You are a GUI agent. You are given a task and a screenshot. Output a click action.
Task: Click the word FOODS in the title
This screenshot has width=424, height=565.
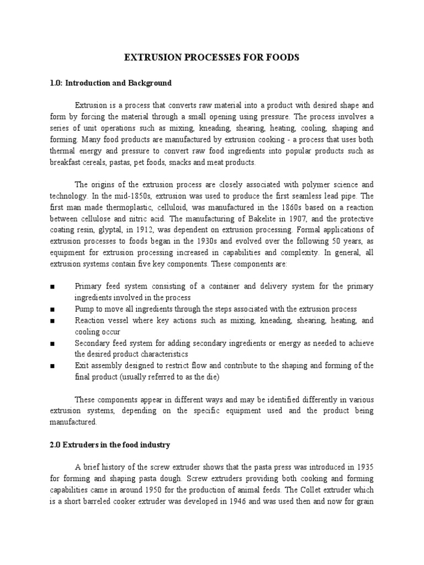coord(278,57)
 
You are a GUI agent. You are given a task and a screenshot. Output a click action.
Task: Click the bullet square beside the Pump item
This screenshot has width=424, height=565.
coord(51,310)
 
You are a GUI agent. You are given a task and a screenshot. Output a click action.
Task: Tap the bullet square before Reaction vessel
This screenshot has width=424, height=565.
coord(51,320)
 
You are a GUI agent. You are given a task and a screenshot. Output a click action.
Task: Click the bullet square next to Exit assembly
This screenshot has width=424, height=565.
coord(51,366)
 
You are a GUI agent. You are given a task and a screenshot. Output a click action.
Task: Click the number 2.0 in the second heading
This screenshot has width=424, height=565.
coord(56,445)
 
